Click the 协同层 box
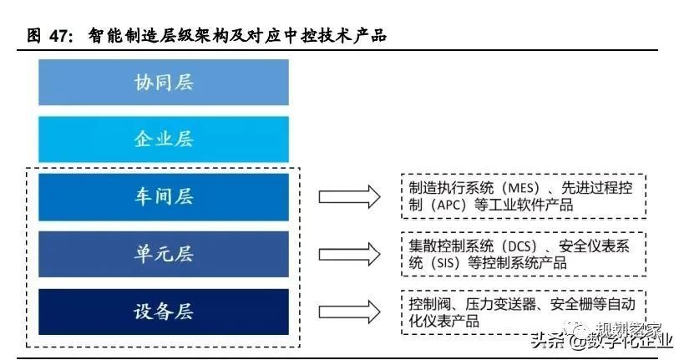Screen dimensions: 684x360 point(164,83)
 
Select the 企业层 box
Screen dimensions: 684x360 point(164,139)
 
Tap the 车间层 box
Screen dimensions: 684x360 point(164,197)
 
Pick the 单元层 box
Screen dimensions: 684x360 point(164,254)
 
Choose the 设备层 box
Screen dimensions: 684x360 point(164,312)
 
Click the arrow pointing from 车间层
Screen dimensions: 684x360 point(349,197)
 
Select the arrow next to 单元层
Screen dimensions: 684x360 point(349,255)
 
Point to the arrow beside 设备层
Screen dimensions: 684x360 point(349,312)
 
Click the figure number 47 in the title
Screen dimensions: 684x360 point(59,36)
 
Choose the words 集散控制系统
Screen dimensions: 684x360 point(451,246)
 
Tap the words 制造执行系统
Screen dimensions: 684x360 point(451,188)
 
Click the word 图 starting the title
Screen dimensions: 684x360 point(34,36)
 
